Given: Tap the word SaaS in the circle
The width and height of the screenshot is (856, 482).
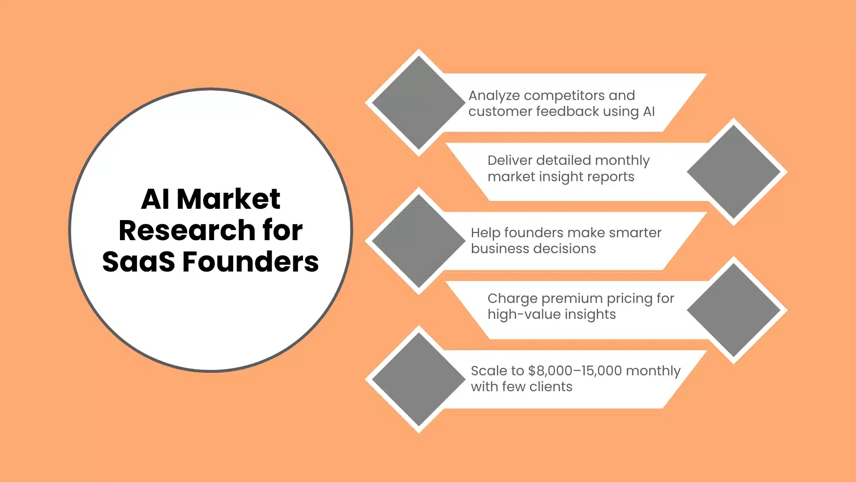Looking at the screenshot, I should pos(138,262).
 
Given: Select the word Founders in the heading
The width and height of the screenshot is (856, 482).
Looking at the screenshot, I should pos(250,262).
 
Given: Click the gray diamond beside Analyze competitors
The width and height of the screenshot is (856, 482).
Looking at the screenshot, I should pos(418,103).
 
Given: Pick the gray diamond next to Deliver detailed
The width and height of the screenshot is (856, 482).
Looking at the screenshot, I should pos(734,172).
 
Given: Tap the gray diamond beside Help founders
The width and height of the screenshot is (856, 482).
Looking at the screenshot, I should pos(418,241).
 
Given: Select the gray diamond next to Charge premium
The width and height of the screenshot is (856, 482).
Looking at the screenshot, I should pos(734,310).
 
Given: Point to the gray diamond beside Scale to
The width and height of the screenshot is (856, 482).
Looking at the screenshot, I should pos(418,379).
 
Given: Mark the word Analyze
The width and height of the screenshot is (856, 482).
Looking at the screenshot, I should pos(494,96).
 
